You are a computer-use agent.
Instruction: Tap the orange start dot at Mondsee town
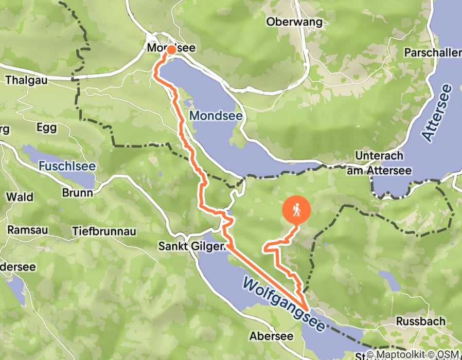pos(170,50)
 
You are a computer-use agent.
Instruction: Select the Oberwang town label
pos(294,22)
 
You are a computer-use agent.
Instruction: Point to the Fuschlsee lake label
pos(61,166)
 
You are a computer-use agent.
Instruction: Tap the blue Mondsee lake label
pos(216,116)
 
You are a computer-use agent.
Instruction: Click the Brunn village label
pos(77,193)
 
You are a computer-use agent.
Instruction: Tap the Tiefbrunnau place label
pos(104,231)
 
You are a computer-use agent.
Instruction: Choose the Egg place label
pos(46,128)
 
